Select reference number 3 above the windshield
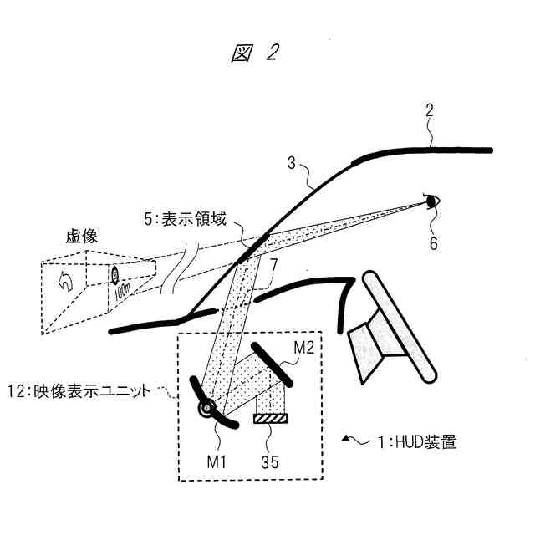click(292, 165)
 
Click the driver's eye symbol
click(432, 201)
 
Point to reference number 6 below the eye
click(433, 243)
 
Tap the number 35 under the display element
click(269, 458)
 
